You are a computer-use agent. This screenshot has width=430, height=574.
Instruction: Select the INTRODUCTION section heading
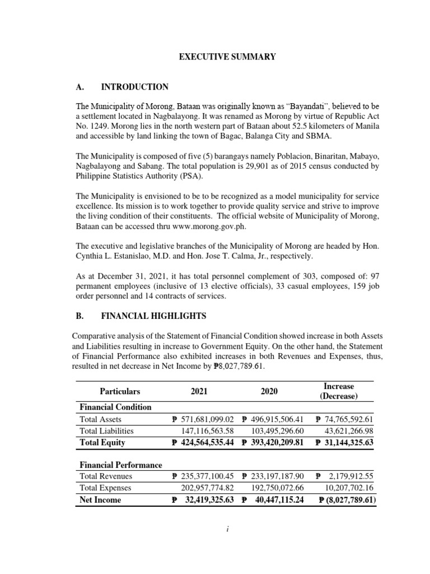pos(134,87)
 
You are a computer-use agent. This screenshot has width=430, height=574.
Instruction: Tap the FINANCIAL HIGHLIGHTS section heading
pos(153,316)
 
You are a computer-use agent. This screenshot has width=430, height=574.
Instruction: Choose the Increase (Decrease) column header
pos(338,391)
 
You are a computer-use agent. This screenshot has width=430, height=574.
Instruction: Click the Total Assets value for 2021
pos(202,419)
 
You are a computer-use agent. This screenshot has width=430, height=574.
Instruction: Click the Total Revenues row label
pos(106,476)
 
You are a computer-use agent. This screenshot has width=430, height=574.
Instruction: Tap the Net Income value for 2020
pos(273,499)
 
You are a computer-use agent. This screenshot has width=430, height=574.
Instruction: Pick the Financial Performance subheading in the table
pos(121,465)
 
